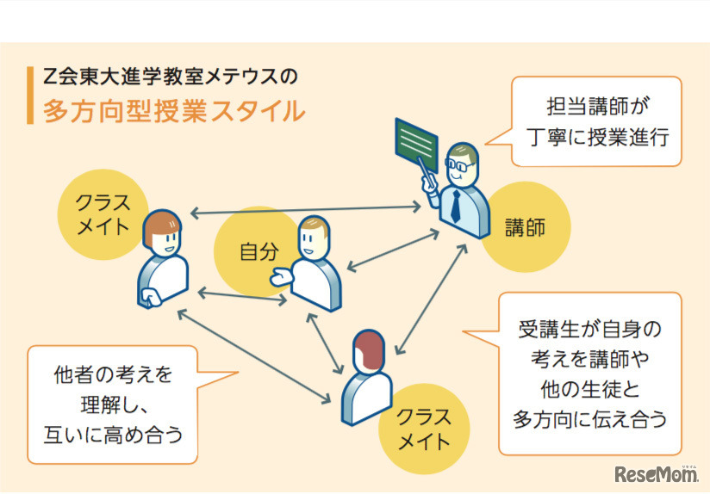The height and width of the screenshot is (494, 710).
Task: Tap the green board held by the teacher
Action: (x=417, y=139)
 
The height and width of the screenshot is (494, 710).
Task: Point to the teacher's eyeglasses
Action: (x=458, y=164)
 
